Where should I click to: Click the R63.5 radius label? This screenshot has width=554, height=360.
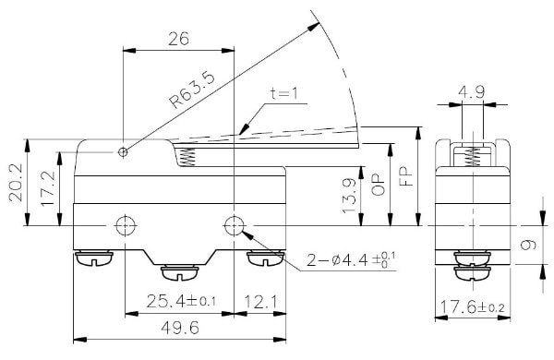(x=192, y=90)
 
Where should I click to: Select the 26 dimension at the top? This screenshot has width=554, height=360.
(x=178, y=39)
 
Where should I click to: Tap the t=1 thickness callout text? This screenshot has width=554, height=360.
(x=284, y=93)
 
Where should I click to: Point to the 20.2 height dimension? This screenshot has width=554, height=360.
(x=16, y=183)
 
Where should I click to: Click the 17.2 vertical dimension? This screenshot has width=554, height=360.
(x=48, y=188)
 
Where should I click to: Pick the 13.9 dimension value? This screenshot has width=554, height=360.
(x=349, y=196)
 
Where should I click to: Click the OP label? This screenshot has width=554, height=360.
(x=379, y=185)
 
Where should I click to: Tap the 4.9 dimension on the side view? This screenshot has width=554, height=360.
(x=472, y=92)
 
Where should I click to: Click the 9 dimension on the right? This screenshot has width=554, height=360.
(x=528, y=245)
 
